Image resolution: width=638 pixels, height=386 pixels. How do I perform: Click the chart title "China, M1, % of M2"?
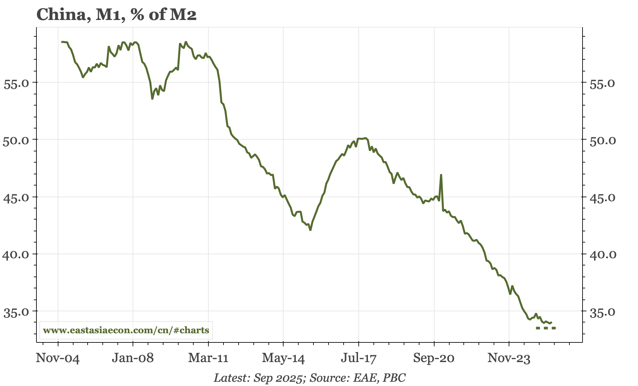(x=117, y=15)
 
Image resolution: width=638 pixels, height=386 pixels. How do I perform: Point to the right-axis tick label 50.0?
(x=603, y=141)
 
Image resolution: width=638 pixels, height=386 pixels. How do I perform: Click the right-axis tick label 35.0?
(x=603, y=312)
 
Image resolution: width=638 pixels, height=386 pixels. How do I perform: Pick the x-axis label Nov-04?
(x=58, y=358)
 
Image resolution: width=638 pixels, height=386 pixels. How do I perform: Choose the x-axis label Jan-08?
(x=133, y=358)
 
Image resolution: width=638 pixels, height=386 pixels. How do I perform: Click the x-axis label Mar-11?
(x=208, y=358)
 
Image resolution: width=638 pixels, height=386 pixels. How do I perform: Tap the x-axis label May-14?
(x=283, y=358)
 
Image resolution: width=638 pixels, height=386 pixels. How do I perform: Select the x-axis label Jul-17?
(x=358, y=358)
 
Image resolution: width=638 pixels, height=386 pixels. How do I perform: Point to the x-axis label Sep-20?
(x=434, y=358)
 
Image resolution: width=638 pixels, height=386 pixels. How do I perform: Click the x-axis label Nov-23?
(x=509, y=358)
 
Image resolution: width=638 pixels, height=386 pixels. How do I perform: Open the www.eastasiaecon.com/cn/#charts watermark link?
(x=126, y=330)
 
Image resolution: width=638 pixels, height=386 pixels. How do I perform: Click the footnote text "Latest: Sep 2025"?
(x=258, y=378)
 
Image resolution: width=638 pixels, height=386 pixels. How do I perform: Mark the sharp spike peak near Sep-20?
(x=441, y=175)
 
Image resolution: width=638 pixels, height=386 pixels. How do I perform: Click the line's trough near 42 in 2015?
(x=310, y=230)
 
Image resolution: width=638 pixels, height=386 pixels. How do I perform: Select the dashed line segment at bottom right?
(x=546, y=328)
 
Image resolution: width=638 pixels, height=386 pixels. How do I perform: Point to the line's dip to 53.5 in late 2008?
(x=152, y=99)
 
